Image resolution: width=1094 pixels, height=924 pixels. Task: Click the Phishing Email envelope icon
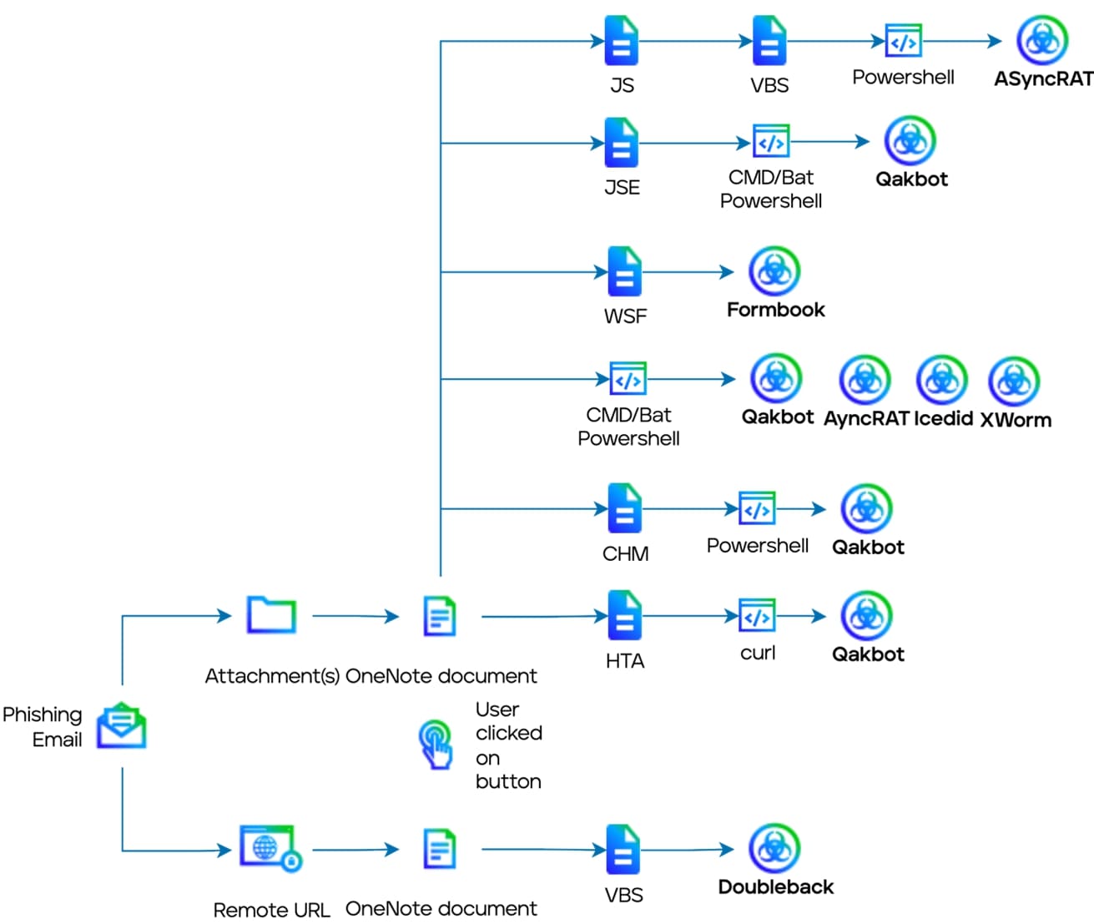coord(122,725)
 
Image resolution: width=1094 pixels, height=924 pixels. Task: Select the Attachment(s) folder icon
coord(271,616)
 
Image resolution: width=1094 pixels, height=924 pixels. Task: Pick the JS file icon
coord(622,41)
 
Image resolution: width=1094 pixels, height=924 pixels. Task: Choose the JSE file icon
coord(622,143)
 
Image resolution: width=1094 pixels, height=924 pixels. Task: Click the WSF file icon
coord(624,271)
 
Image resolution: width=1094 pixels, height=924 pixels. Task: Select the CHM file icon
coord(624,508)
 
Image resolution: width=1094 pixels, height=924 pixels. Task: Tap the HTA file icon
coord(624,616)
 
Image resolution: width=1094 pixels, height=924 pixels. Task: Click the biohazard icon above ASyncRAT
coord(1042,39)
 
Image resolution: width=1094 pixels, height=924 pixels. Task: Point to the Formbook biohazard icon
coord(774,270)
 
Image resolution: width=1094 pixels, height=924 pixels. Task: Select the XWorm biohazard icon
coord(1014,381)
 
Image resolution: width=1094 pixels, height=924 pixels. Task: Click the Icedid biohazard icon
coord(941,380)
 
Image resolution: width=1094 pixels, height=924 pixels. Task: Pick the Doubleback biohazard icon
coord(774,849)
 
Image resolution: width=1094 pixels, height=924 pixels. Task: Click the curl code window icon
coord(757,617)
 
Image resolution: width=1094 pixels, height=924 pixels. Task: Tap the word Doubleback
coord(775,887)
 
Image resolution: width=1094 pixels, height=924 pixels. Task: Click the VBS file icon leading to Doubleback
coord(623,850)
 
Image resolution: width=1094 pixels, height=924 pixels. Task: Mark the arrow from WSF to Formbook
coord(688,271)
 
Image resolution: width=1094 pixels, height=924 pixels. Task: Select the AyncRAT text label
coord(865,419)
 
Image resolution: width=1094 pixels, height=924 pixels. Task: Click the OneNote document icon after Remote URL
coord(440,850)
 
